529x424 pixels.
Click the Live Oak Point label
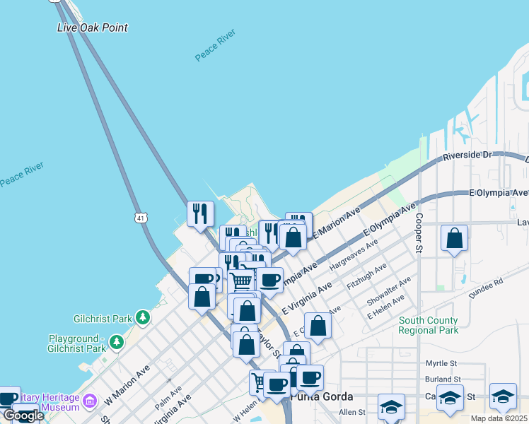(92, 28)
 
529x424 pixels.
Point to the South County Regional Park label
(428, 325)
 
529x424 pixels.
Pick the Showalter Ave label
(388, 291)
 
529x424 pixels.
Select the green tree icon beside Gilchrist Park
(144, 316)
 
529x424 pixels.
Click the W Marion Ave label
(127, 385)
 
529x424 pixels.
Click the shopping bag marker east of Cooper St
(454, 238)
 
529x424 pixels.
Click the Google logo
(23, 416)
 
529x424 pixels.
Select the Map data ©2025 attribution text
(498, 418)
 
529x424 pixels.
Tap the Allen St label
(351, 412)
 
